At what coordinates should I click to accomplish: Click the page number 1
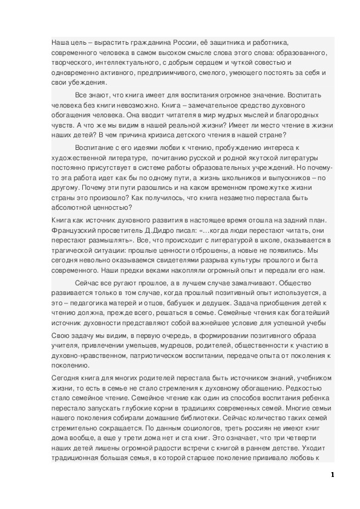click(332, 475)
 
